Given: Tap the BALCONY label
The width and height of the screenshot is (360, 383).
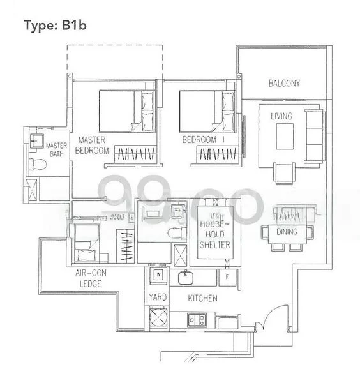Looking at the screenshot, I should coord(284,84).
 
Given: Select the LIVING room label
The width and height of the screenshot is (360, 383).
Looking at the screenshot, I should coord(281,116).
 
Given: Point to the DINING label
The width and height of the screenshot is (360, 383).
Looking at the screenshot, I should coord(284,232).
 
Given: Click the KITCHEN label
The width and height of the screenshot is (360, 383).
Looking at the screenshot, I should coord(202,298).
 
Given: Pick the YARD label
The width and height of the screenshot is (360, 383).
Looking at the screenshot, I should coord(157,297).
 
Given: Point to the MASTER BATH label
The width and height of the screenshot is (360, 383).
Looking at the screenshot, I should coord(56,149).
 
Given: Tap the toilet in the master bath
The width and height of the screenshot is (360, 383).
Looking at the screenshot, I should coord(39,165).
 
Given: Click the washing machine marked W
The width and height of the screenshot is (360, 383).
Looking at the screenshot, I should coord(157,275).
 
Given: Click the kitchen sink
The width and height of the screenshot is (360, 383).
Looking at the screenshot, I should coord(186,277).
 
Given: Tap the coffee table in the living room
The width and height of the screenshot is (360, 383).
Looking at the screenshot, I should coord(285,136).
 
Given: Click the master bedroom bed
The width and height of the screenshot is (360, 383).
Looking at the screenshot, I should coord(128,110).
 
